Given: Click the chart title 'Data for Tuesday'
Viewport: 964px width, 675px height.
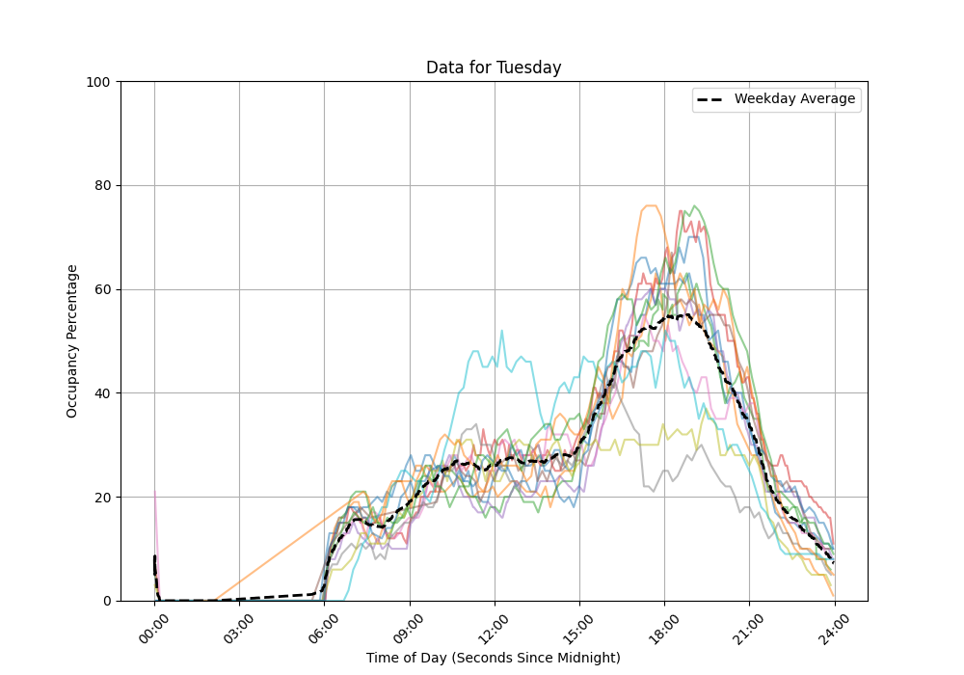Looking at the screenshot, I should pyautogui.click(x=494, y=67).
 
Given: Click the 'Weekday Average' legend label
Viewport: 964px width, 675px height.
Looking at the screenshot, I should pyautogui.click(x=794, y=99).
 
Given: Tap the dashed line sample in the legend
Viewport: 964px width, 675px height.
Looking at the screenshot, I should pyautogui.click(x=712, y=99).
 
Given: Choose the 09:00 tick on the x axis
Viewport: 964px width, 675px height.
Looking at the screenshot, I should pyautogui.click(x=408, y=621).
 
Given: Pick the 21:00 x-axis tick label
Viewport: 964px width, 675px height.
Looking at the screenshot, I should pyautogui.click(x=748, y=621).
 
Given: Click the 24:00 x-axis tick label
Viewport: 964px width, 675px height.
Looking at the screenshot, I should pyautogui.click(x=833, y=621).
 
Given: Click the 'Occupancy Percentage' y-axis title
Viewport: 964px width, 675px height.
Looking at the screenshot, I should pyautogui.click(x=72, y=341).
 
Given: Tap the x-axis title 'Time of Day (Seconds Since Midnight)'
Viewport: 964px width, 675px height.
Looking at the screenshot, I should pyautogui.click(x=494, y=658).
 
